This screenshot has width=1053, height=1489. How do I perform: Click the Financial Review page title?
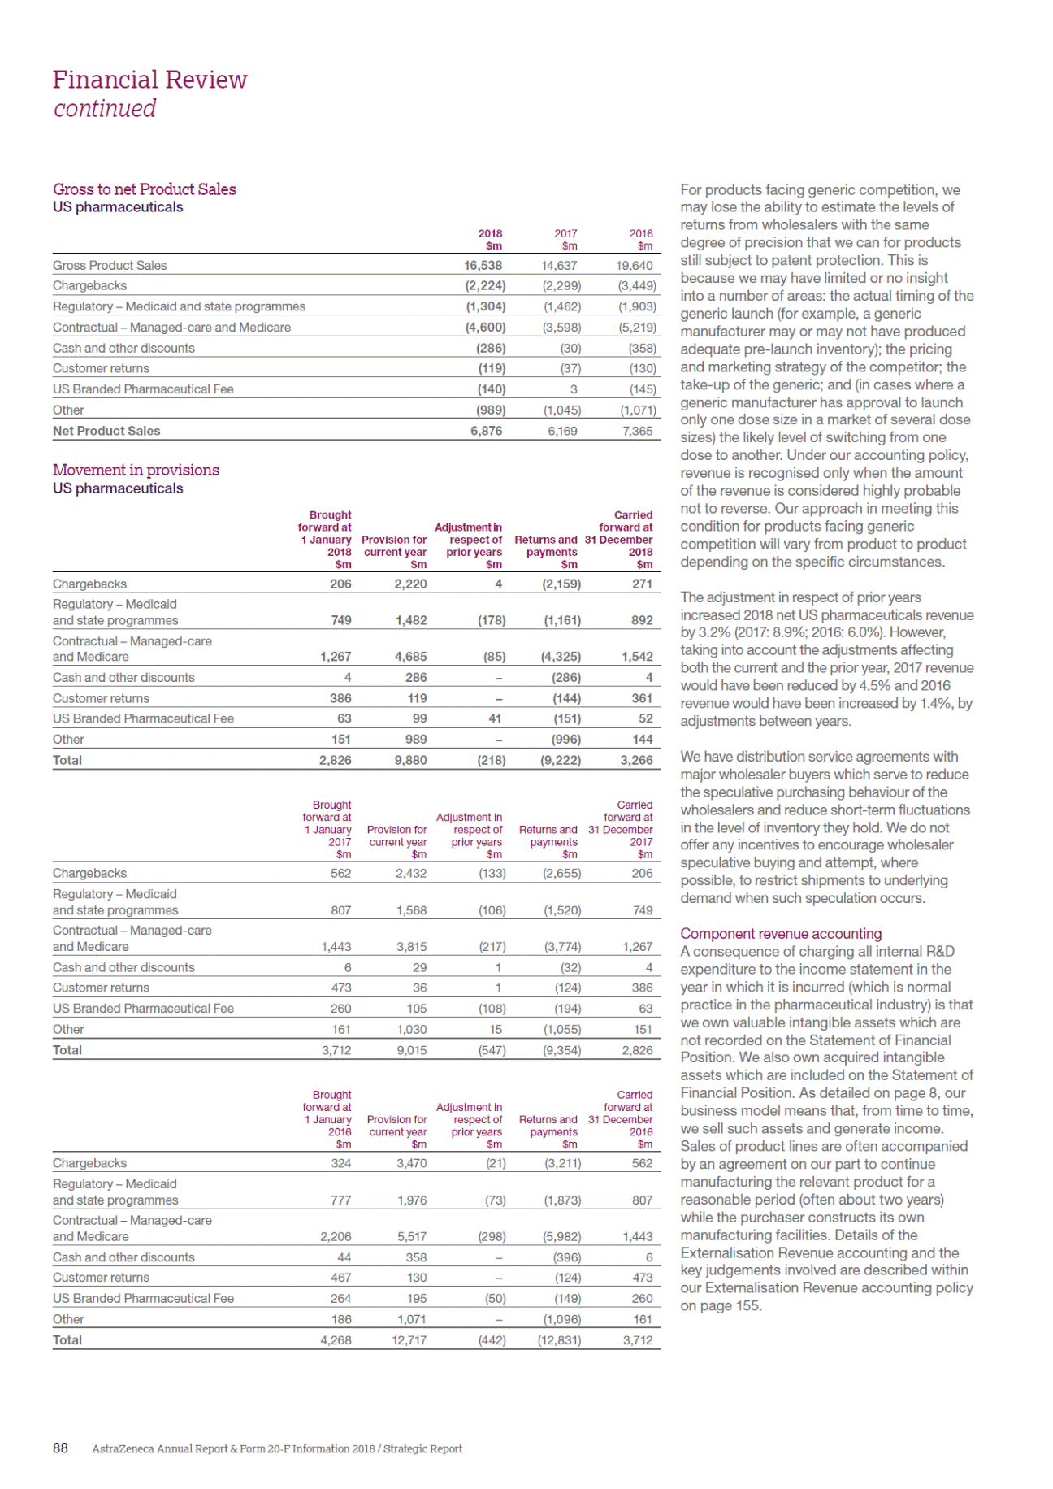tap(149, 80)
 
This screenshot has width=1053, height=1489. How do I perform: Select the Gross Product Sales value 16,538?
tap(483, 265)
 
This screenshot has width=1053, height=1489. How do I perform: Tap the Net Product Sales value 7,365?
tap(638, 431)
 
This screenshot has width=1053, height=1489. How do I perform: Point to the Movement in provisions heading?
tap(136, 470)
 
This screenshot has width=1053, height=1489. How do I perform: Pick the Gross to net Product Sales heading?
tap(144, 189)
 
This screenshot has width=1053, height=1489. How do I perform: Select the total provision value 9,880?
tap(410, 760)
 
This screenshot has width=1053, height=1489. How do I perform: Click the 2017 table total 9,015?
tap(411, 1050)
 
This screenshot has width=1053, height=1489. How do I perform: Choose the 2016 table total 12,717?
tap(409, 1340)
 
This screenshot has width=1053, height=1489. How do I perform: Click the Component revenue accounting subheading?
tap(780, 934)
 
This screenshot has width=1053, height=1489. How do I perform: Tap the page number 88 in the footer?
tap(60, 1448)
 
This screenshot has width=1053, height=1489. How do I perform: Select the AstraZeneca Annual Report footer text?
tap(276, 1448)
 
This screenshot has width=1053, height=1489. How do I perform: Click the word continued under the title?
tap(105, 108)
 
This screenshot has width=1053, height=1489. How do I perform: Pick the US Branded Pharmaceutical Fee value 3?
tap(574, 389)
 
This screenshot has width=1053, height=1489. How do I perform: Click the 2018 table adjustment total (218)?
tap(491, 760)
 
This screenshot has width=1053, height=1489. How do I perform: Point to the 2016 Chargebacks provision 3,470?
tap(411, 1163)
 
